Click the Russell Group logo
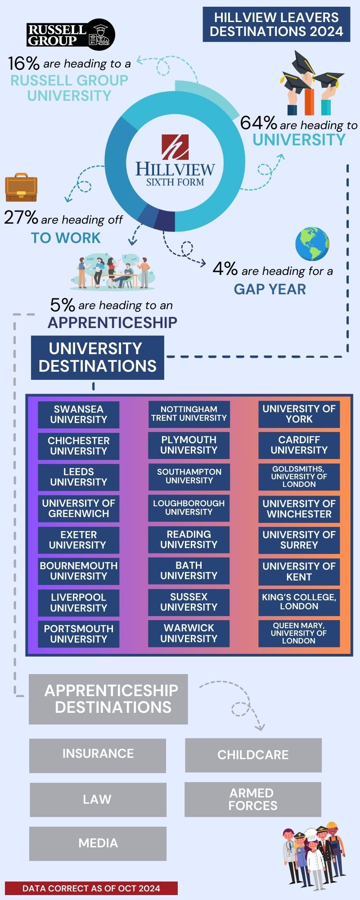pyautogui.click(x=71, y=35)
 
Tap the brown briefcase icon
pyautogui.click(x=21, y=187)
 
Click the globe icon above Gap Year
pyautogui.click(x=312, y=244)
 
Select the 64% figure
pyautogui.click(x=258, y=123)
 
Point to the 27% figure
pyautogui.click(x=21, y=218)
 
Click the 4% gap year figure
pyautogui.click(x=225, y=269)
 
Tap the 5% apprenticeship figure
pyautogui.click(x=63, y=305)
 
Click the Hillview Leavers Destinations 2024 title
pyautogui.click(x=276, y=24)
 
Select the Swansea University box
pyautogui.click(x=79, y=414)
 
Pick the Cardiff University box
pyautogui.click(x=299, y=445)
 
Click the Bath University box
pyautogui.click(x=189, y=571)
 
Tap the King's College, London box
pyautogui.click(x=299, y=602)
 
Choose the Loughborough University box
pyautogui.click(x=189, y=508)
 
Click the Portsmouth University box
pyautogui.click(x=79, y=634)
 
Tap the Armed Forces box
pyautogui.click(x=253, y=799)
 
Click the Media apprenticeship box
pyautogui.click(x=98, y=843)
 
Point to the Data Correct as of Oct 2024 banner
pyautogui.click(x=91, y=888)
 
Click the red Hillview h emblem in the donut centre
pyautogui.click(x=175, y=146)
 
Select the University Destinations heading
pyautogui.click(x=97, y=357)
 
